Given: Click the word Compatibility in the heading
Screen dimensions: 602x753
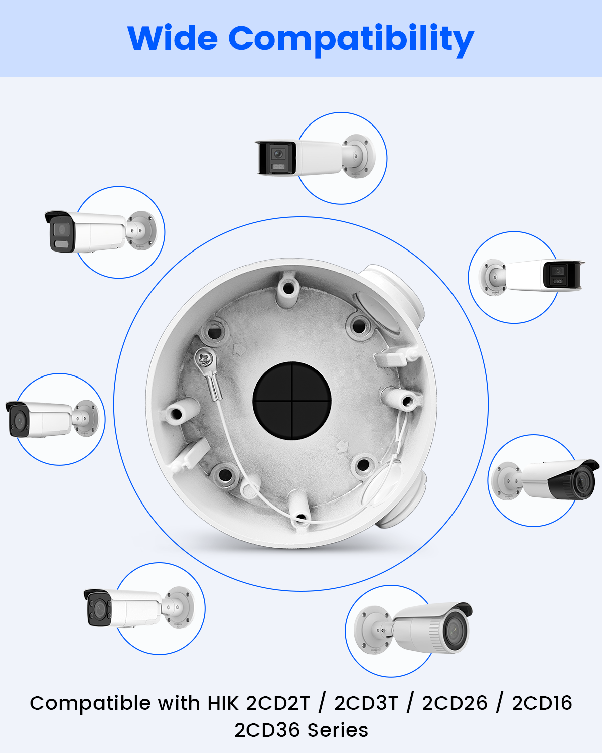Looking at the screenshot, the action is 351,40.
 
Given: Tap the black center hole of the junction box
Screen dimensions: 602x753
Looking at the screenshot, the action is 292,401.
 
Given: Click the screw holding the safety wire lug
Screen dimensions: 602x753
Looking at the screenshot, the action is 205,358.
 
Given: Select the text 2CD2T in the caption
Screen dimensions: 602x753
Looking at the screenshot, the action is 278,703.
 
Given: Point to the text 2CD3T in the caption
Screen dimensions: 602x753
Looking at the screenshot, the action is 366,703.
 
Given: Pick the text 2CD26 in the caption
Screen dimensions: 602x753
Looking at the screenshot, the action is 455,703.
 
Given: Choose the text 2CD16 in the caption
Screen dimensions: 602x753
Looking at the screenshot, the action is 542,703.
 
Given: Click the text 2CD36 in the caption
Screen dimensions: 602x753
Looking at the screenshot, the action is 267,730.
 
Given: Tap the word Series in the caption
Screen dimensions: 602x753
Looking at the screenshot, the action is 338,730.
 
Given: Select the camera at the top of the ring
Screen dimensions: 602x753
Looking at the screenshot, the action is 315,156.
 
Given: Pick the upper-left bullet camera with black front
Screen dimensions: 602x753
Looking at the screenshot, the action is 101,231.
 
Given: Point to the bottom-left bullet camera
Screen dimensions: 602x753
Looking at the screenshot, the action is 139,608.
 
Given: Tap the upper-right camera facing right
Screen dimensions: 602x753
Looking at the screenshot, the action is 532,277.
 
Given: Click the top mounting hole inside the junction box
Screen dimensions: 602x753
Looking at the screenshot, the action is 288,289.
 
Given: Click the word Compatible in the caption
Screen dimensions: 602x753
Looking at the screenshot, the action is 91,704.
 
